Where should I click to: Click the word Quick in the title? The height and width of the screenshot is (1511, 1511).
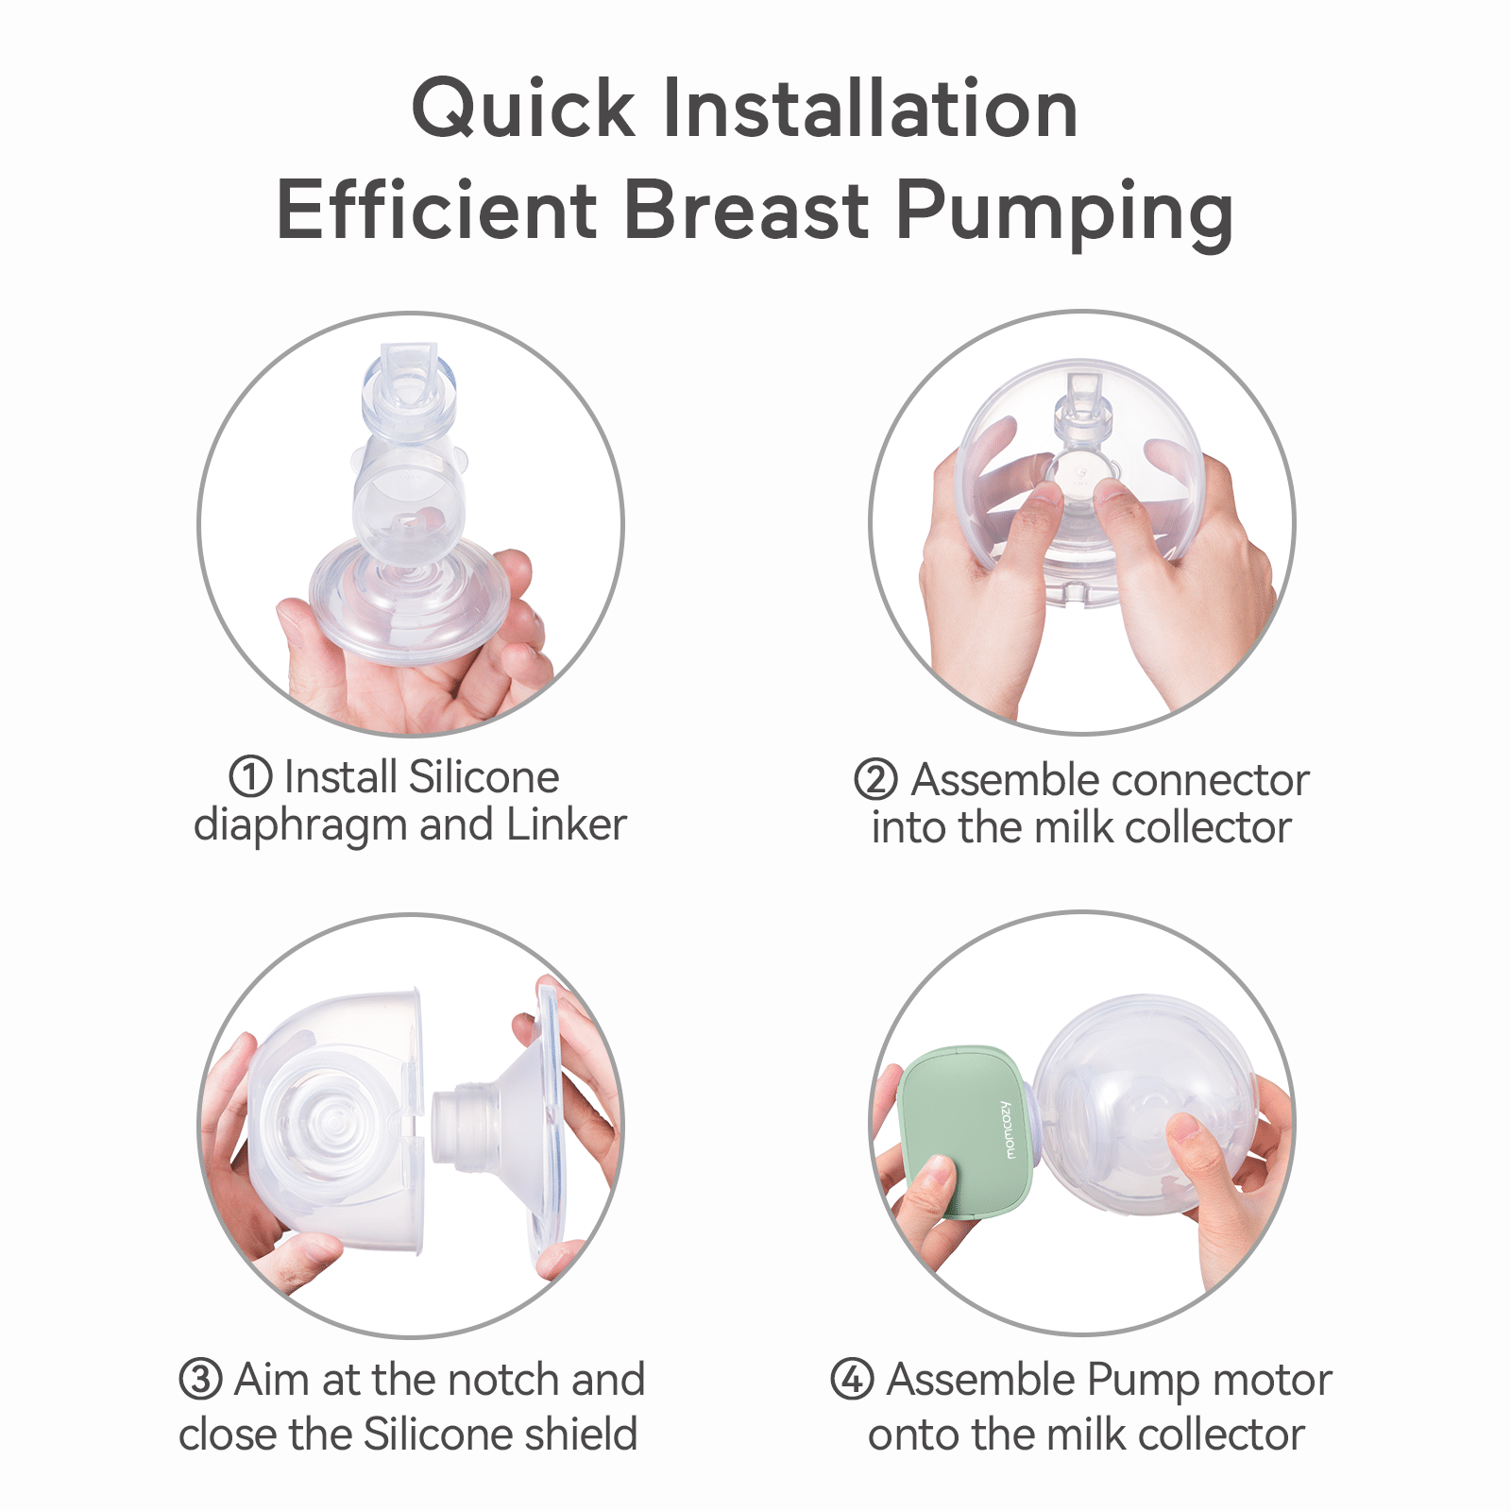(x=524, y=110)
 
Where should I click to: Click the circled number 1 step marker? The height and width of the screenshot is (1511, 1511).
(x=250, y=777)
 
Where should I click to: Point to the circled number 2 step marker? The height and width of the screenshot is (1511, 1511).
(x=875, y=780)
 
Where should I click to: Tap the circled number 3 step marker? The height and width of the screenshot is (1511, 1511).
(x=200, y=1380)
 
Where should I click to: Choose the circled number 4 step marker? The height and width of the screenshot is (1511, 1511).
(x=852, y=1379)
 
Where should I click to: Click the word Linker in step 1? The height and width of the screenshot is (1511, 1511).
(x=567, y=824)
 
